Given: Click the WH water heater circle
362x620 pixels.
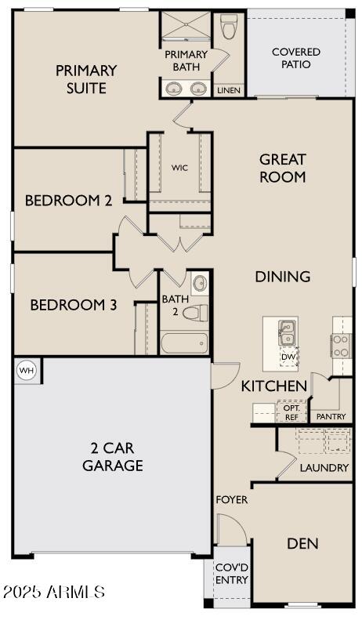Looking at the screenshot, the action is point(27,371).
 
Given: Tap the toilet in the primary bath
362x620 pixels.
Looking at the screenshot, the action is point(229,27).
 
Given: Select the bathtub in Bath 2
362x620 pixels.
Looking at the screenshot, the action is point(184,343).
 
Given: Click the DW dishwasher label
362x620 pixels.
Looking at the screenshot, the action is point(288,357).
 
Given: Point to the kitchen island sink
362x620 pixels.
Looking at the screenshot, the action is point(288,333).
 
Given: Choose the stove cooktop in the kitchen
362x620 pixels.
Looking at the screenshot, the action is point(341,346).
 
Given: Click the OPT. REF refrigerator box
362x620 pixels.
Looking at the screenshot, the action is point(291,412).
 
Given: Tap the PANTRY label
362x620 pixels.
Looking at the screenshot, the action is point(331,416).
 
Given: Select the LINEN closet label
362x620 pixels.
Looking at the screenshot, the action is point(229,91).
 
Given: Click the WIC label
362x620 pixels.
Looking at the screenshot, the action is point(179,168).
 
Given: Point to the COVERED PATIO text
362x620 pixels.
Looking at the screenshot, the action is point(296,58).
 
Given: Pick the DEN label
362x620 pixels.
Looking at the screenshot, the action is point(302,543).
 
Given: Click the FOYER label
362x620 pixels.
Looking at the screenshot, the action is point(232,499).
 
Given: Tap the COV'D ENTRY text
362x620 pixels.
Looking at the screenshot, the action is point(232,574).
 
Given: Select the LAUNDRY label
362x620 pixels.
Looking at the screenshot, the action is point(324,468).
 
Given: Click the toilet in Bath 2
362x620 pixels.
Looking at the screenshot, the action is point(196,313).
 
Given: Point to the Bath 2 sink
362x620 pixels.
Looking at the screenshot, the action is point(200,283).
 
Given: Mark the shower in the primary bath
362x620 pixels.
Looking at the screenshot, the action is point(186,25).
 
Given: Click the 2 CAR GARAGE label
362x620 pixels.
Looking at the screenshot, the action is point(113,457).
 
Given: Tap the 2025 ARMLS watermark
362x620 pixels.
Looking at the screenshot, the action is point(53,592).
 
